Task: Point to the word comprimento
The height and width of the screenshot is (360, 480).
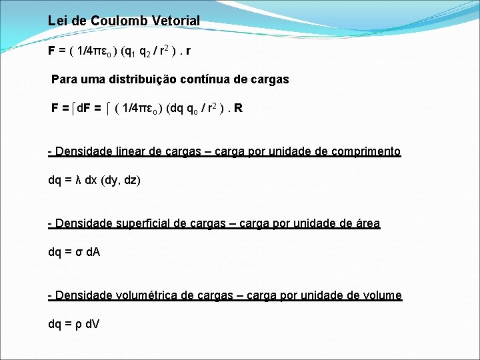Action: tap(363, 151)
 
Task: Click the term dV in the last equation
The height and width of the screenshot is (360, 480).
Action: tap(92, 325)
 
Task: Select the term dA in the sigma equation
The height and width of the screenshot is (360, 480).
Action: tap(92, 253)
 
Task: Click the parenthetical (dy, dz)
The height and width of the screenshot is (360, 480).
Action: tap(121, 181)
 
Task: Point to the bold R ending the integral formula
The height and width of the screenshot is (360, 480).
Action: tap(238, 108)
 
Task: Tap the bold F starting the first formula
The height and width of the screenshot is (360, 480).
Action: tap(52, 50)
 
